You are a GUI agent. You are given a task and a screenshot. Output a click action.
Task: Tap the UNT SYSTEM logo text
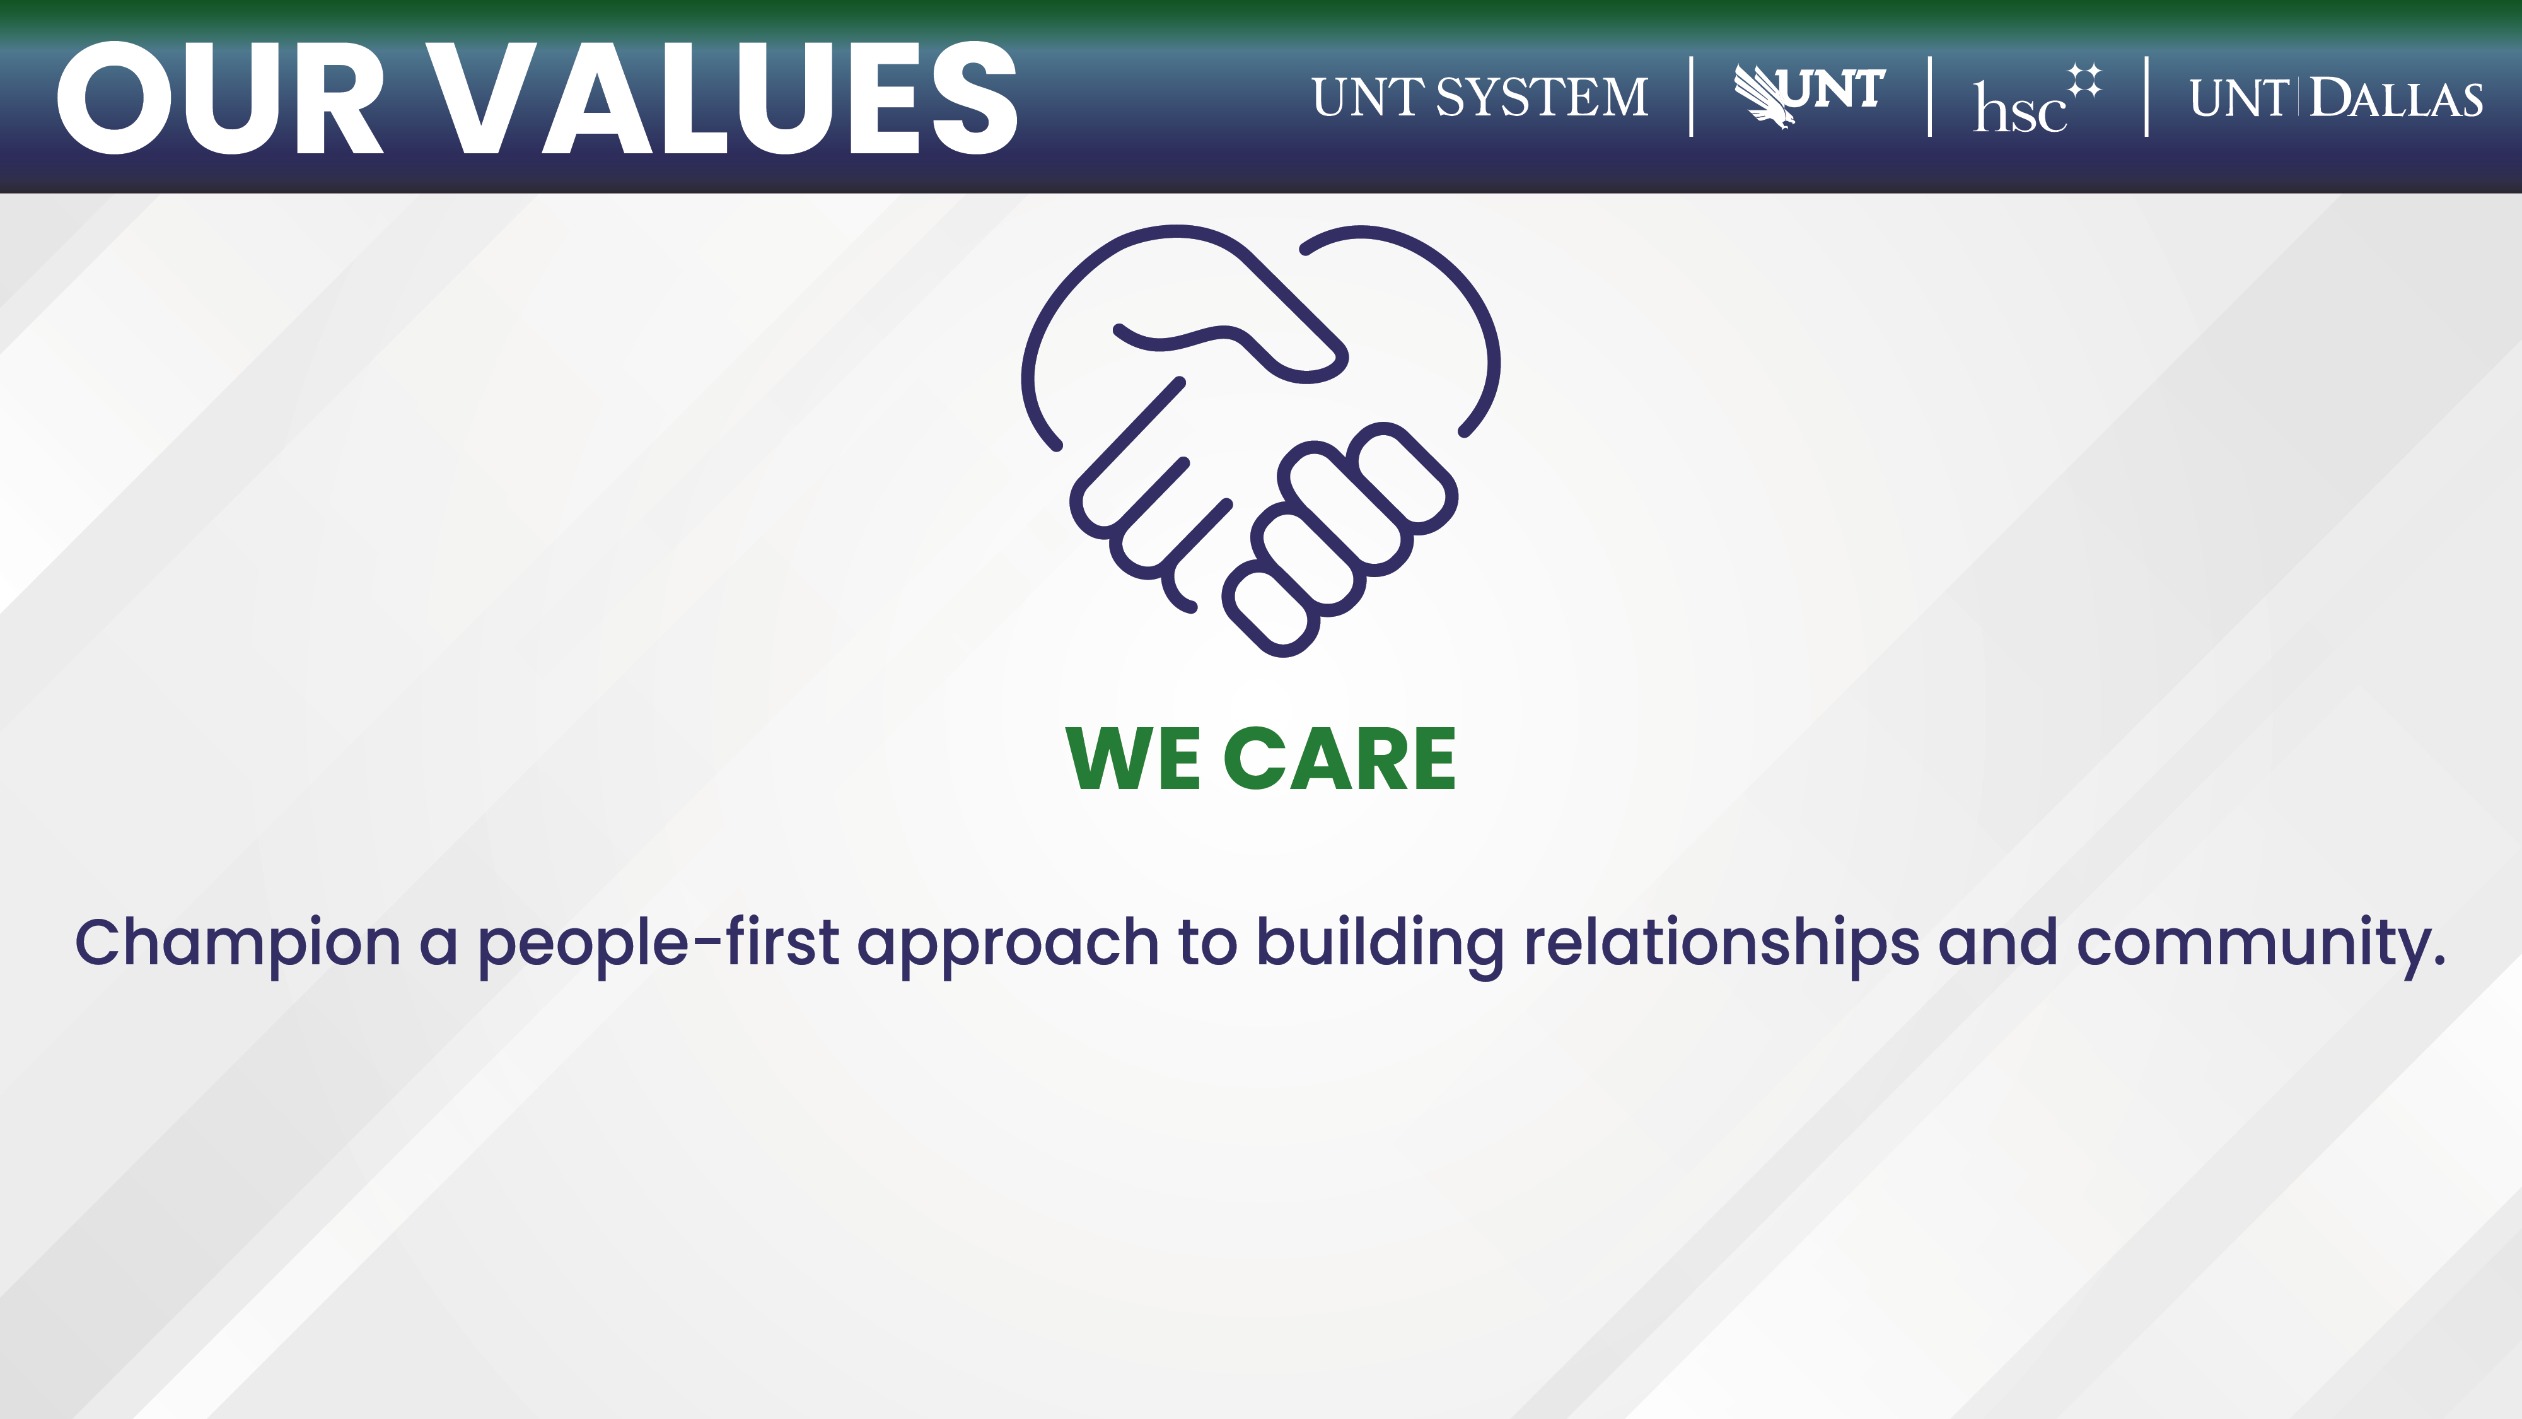pyautogui.click(x=1480, y=98)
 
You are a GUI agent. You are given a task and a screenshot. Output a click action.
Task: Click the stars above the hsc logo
pyautogui.click(x=2084, y=80)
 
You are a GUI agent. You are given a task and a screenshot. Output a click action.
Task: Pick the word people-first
pyautogui.click(x=658, y=945)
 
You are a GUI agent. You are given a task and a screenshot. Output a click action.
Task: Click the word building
pyautogui.click(x=1380, y=945)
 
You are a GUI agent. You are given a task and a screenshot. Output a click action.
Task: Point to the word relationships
pyautogui.click(x=1722, y=945)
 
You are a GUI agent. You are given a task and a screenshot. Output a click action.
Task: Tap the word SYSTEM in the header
pyautogui.click(x=1542, y=98)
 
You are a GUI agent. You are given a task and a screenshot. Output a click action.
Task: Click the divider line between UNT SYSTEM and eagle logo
pyautogui.click(x=1692, y=97)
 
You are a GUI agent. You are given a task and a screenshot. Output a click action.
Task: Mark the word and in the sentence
pyautogui.click(x=1998, y=942)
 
